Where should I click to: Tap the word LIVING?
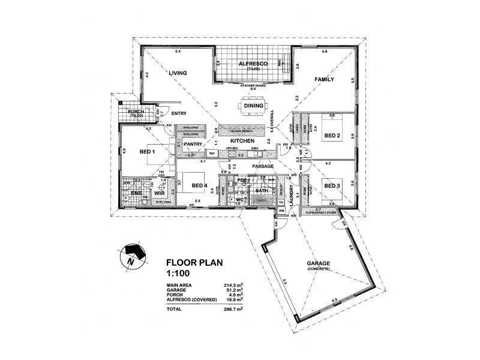[x=178, y=73]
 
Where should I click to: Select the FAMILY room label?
[x=324, y=79]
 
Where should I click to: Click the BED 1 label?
[x=148, y=152]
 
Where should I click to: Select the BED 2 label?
[x=332, y=136]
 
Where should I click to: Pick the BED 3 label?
[x=332, y=187]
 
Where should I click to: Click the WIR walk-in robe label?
[x=160, y=194]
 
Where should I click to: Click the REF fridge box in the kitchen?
[x=213, y=154]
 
